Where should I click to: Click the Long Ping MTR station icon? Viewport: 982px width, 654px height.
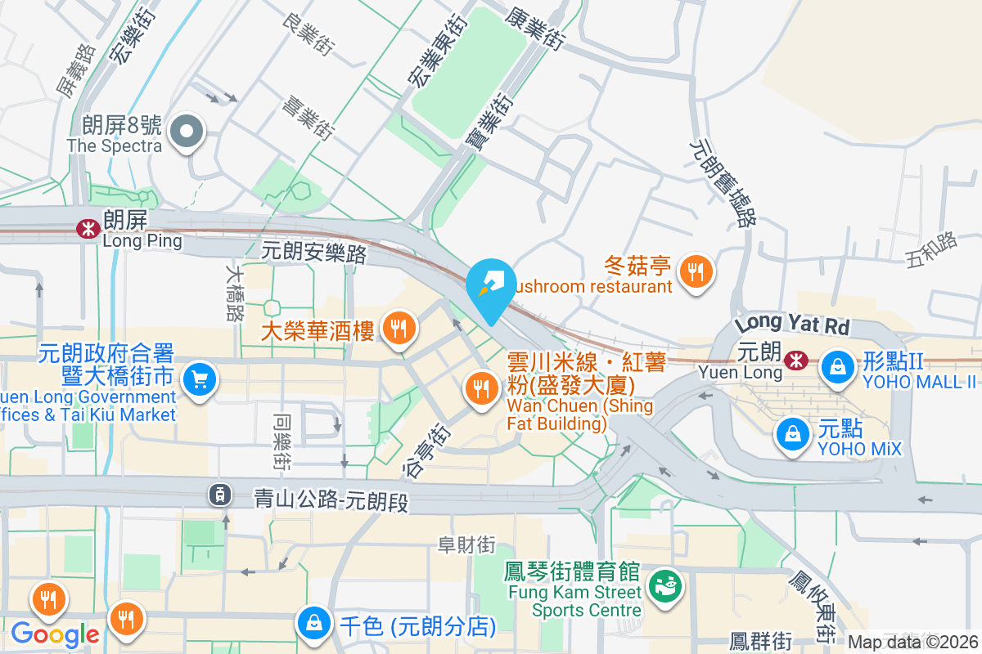88,229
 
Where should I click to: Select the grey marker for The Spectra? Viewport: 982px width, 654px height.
187,132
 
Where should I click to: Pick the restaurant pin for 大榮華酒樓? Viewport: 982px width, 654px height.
399,329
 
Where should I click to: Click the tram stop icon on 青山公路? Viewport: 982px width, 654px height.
219,494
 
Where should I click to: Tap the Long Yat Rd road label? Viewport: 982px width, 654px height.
792,325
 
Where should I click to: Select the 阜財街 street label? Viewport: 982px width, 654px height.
467,544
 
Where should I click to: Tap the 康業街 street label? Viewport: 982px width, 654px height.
535,28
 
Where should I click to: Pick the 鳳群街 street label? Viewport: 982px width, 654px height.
761,639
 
